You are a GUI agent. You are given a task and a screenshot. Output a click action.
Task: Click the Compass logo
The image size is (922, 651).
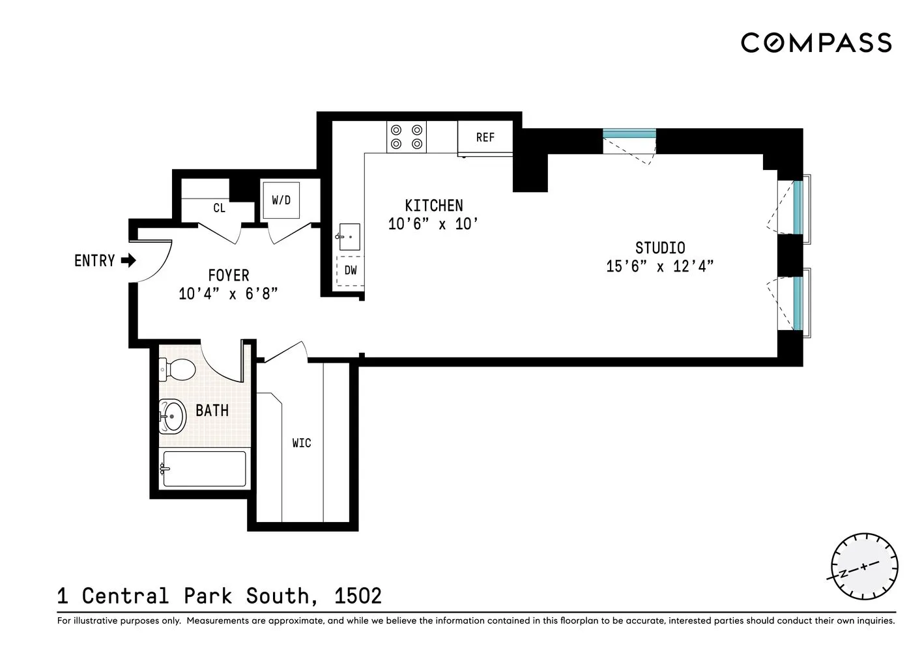[816, 43]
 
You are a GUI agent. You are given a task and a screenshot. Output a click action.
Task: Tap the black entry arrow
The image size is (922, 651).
[128, 260]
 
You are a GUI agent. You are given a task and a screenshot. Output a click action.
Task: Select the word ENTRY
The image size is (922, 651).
[94, 261]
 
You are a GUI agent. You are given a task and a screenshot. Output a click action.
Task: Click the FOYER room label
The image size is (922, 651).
[228, 275]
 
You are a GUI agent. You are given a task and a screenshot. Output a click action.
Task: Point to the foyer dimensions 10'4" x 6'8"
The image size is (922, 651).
[228, 294]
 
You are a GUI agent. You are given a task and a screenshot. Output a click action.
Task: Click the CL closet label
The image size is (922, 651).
[219, 208]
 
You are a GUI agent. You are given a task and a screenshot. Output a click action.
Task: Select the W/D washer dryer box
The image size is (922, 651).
[281, 200]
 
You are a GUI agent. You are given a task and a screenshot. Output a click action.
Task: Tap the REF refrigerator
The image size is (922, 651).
[485, 137]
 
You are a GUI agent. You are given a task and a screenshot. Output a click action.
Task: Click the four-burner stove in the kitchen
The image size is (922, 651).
[407, 137]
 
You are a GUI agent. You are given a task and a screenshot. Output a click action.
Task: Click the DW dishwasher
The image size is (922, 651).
[351, 271]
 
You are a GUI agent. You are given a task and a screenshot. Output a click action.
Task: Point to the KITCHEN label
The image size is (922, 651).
[434, 206]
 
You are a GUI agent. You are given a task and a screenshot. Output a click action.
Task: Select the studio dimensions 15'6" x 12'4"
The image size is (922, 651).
[660, 266]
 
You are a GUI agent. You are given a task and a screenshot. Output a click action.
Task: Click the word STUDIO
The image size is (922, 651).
[660, 248]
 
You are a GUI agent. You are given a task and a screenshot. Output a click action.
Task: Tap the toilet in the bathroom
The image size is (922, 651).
[177, 370]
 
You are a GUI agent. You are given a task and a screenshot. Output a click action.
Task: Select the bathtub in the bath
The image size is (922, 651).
[204, 469]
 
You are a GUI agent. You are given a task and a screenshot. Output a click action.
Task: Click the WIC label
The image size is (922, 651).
[302, 443]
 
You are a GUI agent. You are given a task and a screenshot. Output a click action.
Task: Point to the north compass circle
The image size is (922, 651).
[864, 566]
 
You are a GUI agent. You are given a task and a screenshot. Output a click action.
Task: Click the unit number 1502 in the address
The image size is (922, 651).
[358, 596]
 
